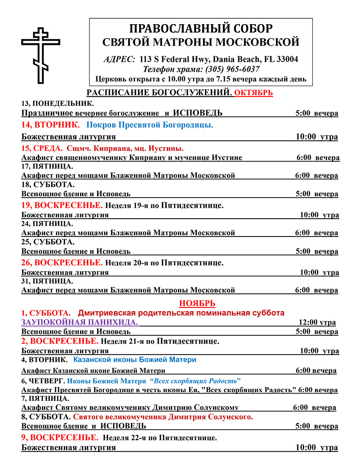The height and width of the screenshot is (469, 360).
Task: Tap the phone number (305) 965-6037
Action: click(234, 69)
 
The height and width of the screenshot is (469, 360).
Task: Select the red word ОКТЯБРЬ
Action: click(253, 93)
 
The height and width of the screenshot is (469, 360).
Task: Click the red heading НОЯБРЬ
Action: click(197, 303)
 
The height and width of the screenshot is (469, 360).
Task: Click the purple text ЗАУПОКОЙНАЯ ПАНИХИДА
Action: click(80, 322)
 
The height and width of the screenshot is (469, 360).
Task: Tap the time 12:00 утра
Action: click(317, 322)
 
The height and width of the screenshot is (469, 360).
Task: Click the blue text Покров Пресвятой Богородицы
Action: click(150, 125)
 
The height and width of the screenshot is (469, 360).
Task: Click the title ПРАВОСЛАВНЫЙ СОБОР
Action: click(201, 28)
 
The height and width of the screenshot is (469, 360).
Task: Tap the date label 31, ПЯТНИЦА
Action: click(47, 281)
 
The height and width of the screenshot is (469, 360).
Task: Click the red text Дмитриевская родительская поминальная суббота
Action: click(181, 313)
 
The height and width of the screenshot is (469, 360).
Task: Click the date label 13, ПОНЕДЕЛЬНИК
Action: click(58, 103)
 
